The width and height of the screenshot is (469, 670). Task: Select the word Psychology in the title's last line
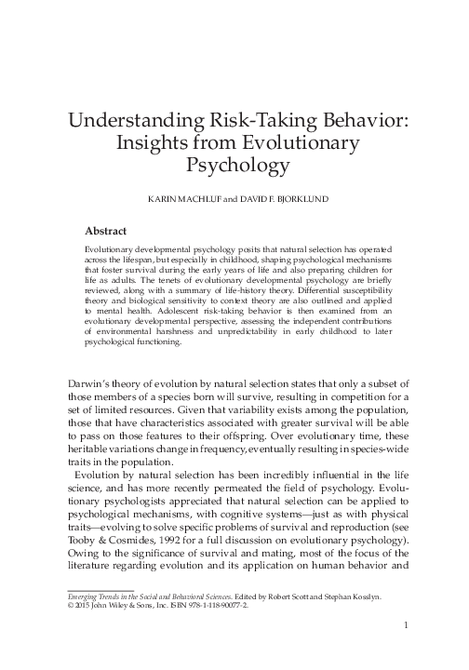pyautogui.click(x=234, y=167)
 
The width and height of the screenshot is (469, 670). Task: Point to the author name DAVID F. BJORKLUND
pyautogui.click(x=276, y=200)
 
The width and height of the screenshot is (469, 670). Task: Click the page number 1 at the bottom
pyautogui.click(x=407, y=625)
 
